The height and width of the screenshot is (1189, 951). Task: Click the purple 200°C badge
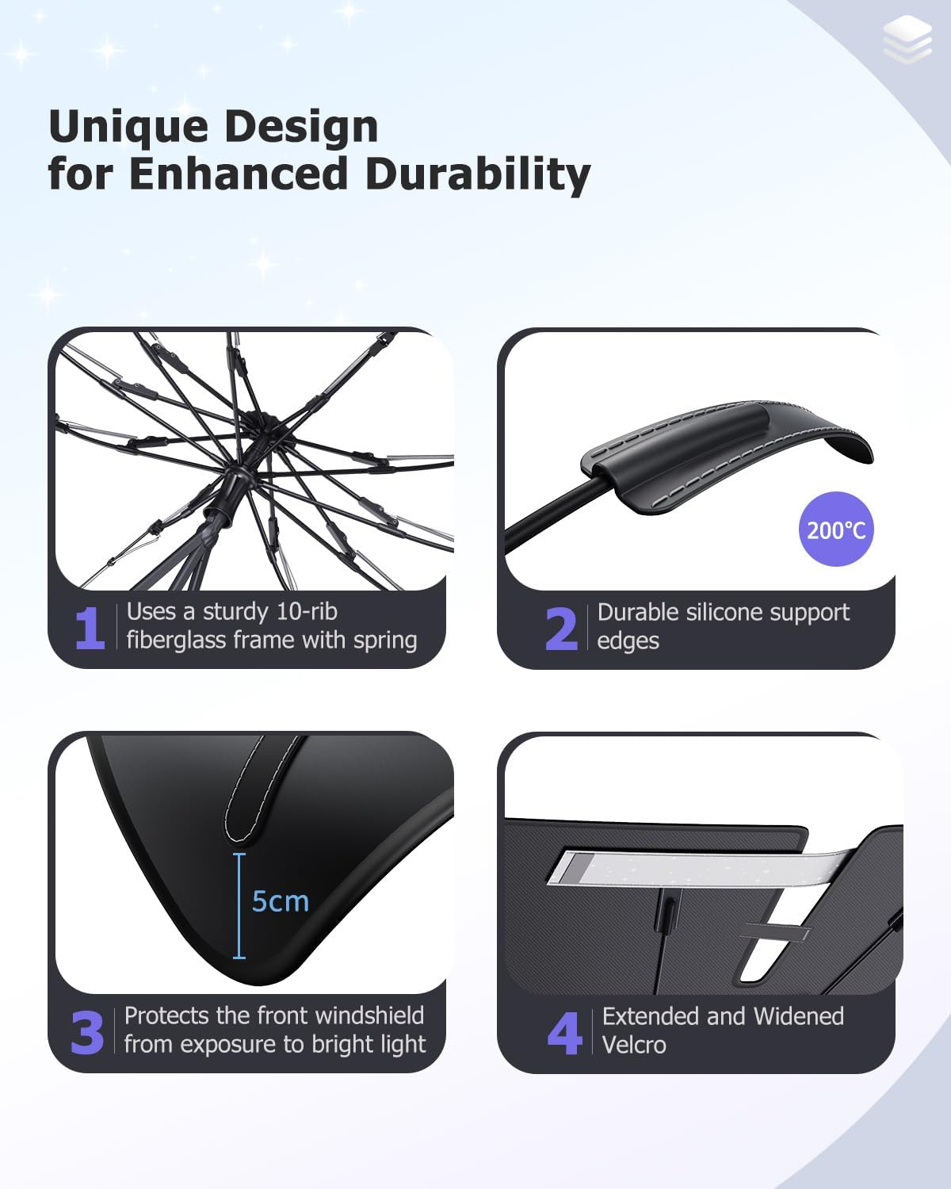coord(836,529)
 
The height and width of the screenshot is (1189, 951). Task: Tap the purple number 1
coord(90,629)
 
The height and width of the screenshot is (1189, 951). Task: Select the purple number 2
coord(561,629)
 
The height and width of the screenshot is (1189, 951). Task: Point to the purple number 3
coord(87,1032)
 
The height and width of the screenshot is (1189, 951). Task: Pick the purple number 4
coord(564,1033)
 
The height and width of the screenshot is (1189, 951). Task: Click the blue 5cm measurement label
coord(280,901)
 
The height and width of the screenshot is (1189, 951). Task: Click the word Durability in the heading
coord(477,174)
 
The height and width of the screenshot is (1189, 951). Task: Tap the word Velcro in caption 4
coord(634,1045)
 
